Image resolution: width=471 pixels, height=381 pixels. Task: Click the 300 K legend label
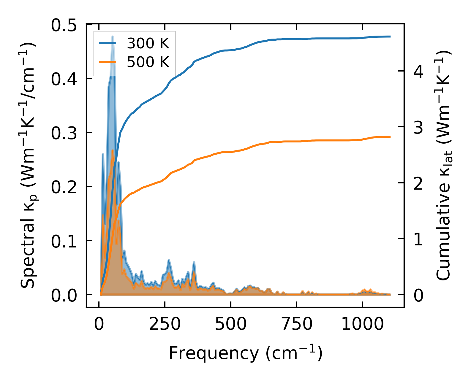148,44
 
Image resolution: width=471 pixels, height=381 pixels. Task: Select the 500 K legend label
148,62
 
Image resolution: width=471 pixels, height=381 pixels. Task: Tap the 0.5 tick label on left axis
68,26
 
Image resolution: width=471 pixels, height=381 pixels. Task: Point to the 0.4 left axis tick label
68,79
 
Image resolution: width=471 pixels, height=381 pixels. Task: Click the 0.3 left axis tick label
68,133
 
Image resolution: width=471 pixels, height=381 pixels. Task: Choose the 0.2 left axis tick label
68,187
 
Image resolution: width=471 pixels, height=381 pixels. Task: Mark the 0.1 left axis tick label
68,241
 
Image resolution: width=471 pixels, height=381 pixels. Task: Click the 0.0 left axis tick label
68,296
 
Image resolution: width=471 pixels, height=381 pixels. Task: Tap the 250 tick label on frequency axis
165,324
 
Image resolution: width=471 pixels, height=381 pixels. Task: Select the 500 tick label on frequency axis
231,324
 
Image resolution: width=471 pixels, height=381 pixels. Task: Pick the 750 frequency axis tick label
297,324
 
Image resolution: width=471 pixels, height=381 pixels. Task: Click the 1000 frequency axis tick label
363,324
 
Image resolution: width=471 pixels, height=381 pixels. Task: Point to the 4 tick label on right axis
418,72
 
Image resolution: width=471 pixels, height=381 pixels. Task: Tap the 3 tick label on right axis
418,128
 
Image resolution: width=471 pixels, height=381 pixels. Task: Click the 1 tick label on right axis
418,239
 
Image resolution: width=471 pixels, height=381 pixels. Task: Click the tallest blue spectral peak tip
113,37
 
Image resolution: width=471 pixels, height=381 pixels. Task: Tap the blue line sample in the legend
107,43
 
